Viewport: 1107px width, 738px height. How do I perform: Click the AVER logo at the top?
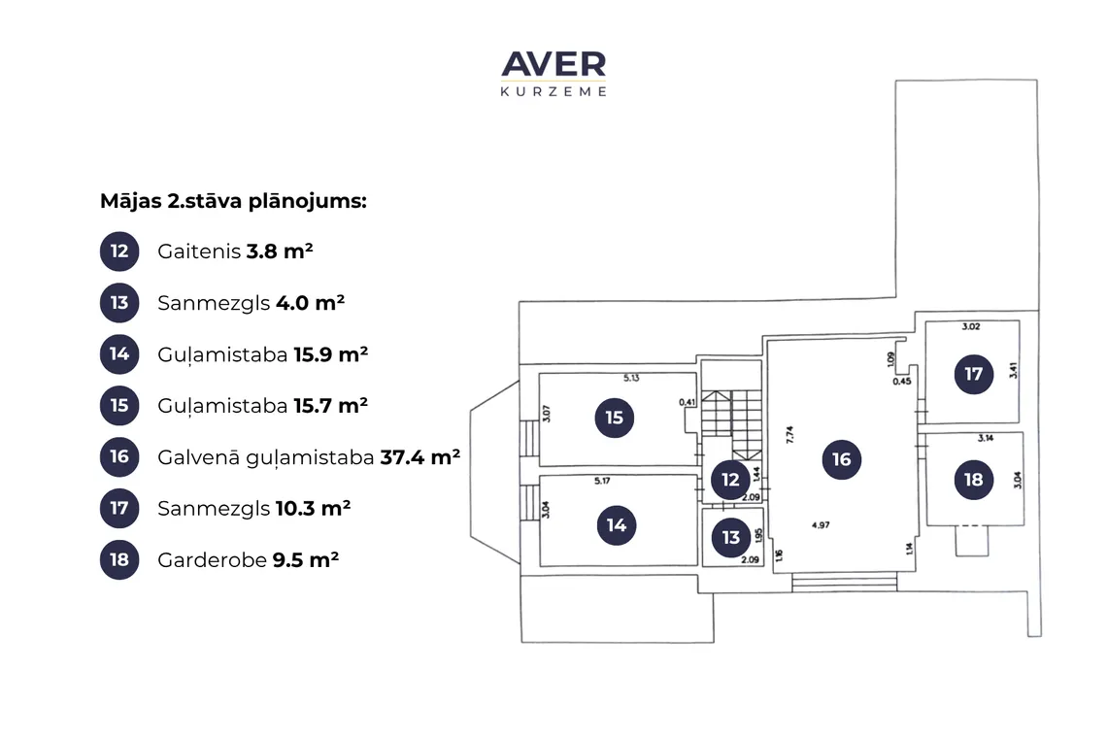point(553,73)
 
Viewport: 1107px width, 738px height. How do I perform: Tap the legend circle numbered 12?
point(119,252)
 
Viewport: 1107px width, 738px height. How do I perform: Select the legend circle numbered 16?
point(119,457)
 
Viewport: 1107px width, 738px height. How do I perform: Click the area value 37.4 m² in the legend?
point(420,457)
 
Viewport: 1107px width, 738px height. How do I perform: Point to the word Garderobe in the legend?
point(212,560)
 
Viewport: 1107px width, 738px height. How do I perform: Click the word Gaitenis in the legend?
point(199,252)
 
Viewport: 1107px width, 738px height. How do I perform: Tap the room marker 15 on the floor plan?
point(615,419)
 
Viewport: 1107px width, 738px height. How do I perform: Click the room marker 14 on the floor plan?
point(617,525)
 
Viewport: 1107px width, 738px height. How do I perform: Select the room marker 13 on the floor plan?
point(730,538)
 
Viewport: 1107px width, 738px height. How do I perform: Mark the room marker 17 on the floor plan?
point(974,374)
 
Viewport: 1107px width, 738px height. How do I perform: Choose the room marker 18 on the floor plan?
point(974,481)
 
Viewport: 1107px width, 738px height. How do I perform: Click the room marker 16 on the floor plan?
point(842,459)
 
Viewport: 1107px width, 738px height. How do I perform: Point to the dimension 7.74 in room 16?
point(790,434)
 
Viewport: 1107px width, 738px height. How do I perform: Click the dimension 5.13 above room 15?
point(631,379)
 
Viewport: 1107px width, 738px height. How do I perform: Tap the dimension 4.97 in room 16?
point(821,525)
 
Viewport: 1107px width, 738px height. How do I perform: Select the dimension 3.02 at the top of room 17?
point(971,327)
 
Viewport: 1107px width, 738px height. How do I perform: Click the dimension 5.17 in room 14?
point(602,481)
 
